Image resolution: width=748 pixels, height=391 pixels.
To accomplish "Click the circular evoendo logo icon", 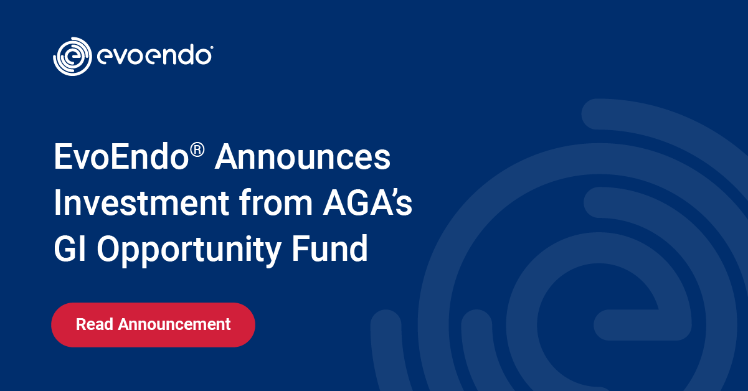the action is click(72, 57).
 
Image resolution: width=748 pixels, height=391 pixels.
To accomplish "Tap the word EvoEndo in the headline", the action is click(121, 157).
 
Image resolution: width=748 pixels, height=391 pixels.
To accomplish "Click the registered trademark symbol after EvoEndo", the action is click(197, 149).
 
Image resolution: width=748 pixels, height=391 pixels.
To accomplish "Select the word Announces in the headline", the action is click(303, 157).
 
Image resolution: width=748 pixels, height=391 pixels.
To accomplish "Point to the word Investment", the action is click(141, 202).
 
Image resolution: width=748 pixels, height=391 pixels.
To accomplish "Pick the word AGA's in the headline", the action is click(367, 202).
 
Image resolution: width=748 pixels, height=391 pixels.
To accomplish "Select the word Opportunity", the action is click(189, 250).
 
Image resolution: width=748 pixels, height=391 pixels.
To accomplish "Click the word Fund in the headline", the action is click(329, 248).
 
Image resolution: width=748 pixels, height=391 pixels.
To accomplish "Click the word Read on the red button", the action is click(95, 324).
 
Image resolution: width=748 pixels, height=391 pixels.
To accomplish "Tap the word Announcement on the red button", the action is click(174, 324).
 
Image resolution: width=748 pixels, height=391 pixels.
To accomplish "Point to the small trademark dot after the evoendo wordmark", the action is click(212, 47).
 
